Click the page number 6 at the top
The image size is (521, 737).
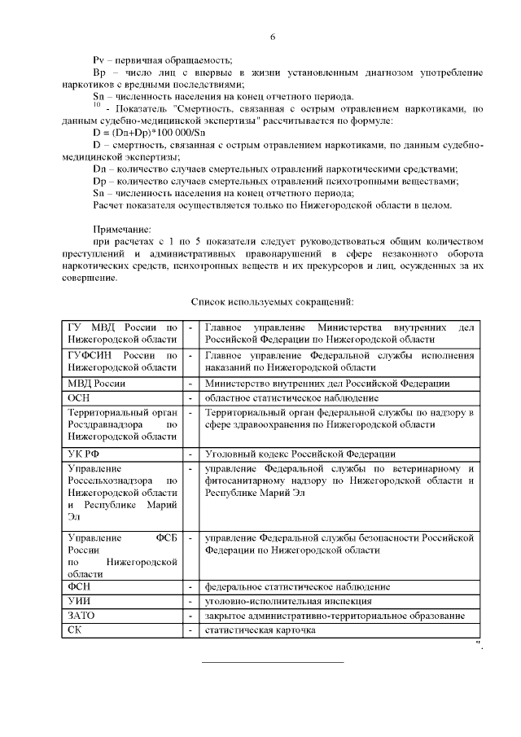pyautogui.click(x=273, y=37)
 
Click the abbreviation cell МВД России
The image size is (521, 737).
pyautogui.click(x=96, y=384)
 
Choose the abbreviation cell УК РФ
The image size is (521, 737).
pyautogui.click(x=84, y=454)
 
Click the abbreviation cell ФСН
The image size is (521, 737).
pyautogui.click(x=81, y=586)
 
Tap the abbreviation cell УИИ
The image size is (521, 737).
pyautogui.click(x=81, y=601)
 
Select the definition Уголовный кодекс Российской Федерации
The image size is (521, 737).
pyautogui.click(x=300, y=454)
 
